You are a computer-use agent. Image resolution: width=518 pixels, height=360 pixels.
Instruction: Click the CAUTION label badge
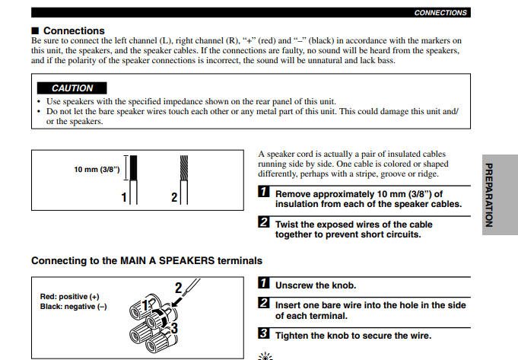pos(72,88)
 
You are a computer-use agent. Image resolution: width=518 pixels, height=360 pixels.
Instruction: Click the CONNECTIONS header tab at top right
pos(440,13)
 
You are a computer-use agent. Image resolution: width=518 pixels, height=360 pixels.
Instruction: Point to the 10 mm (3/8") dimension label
pos(97,169)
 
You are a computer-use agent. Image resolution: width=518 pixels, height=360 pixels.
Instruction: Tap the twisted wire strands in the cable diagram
pos(183,168)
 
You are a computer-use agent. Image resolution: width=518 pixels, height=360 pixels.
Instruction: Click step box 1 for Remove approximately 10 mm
pos(264,193)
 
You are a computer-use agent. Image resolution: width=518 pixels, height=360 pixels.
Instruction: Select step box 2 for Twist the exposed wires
pos(264,222)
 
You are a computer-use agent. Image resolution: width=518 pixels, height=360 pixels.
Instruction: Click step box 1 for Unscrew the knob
pos(264,285)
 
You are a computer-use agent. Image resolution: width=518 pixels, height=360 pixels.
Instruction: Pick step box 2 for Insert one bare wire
pos(264,304)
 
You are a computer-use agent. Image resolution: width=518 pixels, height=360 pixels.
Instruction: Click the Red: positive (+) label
pos(69,297)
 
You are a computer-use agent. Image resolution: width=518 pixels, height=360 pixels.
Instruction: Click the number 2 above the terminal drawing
pos(179,288)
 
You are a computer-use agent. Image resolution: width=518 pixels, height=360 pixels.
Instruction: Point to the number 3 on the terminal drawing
pos(174,328)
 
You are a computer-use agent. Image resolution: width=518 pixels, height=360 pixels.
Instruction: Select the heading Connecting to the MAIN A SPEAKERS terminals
pos(146,260)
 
